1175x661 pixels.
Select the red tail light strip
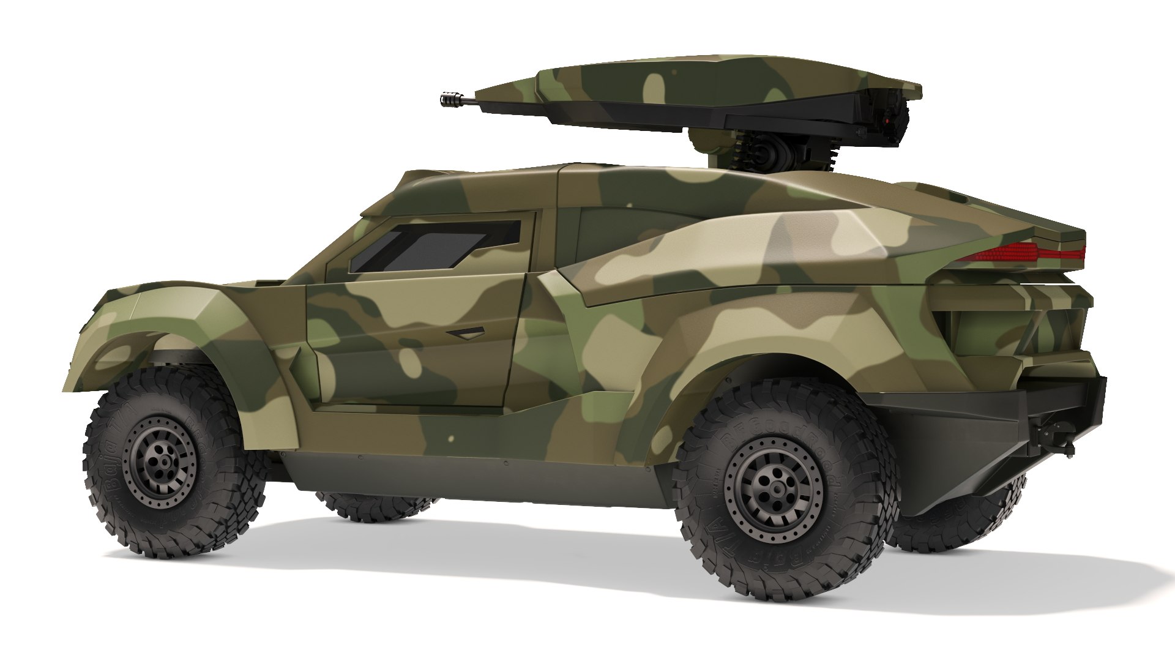pos(1028,251)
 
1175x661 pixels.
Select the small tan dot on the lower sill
pos(451,439)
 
